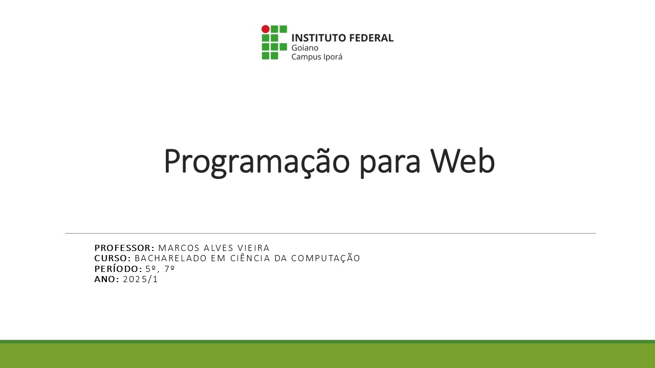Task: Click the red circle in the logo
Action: (265, 29)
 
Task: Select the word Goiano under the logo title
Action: (304, 48)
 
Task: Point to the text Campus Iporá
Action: (316, 57)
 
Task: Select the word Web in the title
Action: (462, 162)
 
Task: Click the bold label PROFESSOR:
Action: (124, 248)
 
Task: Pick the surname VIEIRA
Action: (253, 248)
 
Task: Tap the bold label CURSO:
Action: (113, 258)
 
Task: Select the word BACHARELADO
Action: (171, 258)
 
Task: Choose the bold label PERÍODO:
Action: (118, 269)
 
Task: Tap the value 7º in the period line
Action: (169, 269)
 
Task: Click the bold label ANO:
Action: (106, 279)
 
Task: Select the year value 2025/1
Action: (141, 279)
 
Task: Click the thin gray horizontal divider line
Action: (330, 233)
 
